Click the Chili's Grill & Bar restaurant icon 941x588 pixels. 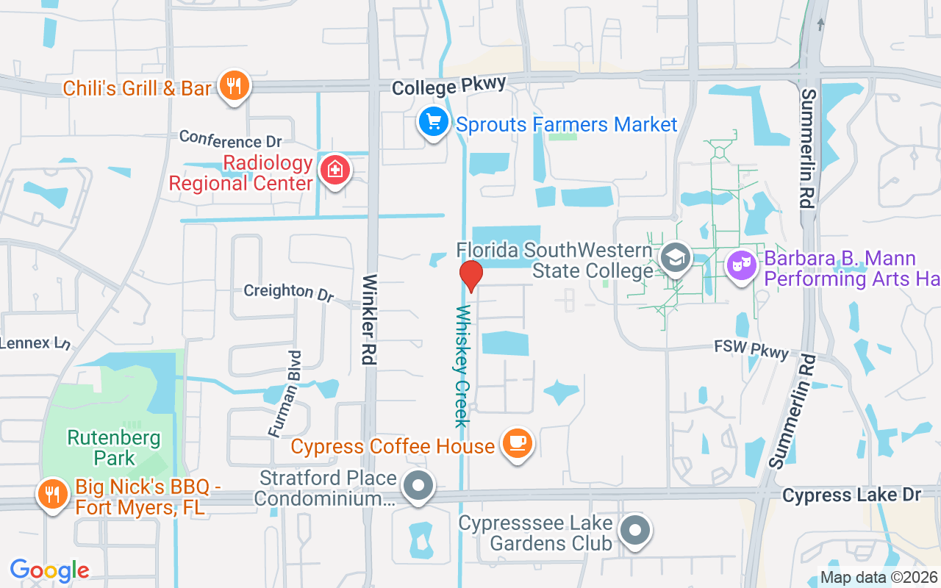[234, 87]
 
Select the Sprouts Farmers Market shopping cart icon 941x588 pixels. [434, 122]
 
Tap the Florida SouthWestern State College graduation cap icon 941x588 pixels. [673, 258]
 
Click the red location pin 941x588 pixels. [470, 276]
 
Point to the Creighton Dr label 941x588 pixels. [288, 292]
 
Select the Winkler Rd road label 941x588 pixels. [369, 320]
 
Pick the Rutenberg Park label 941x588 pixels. [114, 448]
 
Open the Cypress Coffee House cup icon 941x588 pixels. [518, 442]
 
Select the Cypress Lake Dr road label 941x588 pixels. [851, 495]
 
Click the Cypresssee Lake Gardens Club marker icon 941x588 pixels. [634, 530]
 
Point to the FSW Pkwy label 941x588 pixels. [752, 350]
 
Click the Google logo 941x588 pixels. [49, 570]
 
